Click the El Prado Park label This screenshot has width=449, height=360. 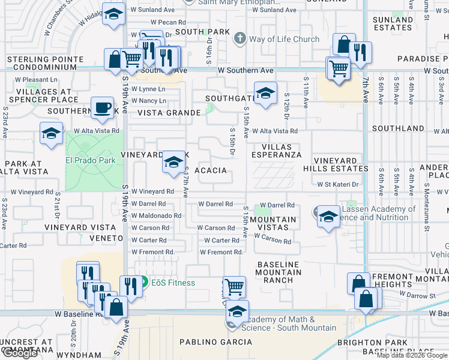(90, 161)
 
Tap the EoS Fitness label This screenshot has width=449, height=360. (172, 283)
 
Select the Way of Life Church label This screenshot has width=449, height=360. (285, 40)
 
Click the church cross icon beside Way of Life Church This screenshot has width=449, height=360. (240, 39)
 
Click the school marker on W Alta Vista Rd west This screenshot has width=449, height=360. (52, 134)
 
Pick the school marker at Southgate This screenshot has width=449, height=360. (265, 93)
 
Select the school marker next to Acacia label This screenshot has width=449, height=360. (173, 162)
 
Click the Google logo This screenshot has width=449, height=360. (19, 353)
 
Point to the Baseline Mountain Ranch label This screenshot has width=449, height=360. (279, 272)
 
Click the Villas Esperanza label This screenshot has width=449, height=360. (276, 151)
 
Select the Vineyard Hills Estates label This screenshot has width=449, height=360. (333, 165)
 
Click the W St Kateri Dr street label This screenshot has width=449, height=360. (337, 185)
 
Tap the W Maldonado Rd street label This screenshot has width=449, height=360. (156, 215)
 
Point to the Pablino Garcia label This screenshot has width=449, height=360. (216, 342)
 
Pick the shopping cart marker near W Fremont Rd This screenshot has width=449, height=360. (234, 287)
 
